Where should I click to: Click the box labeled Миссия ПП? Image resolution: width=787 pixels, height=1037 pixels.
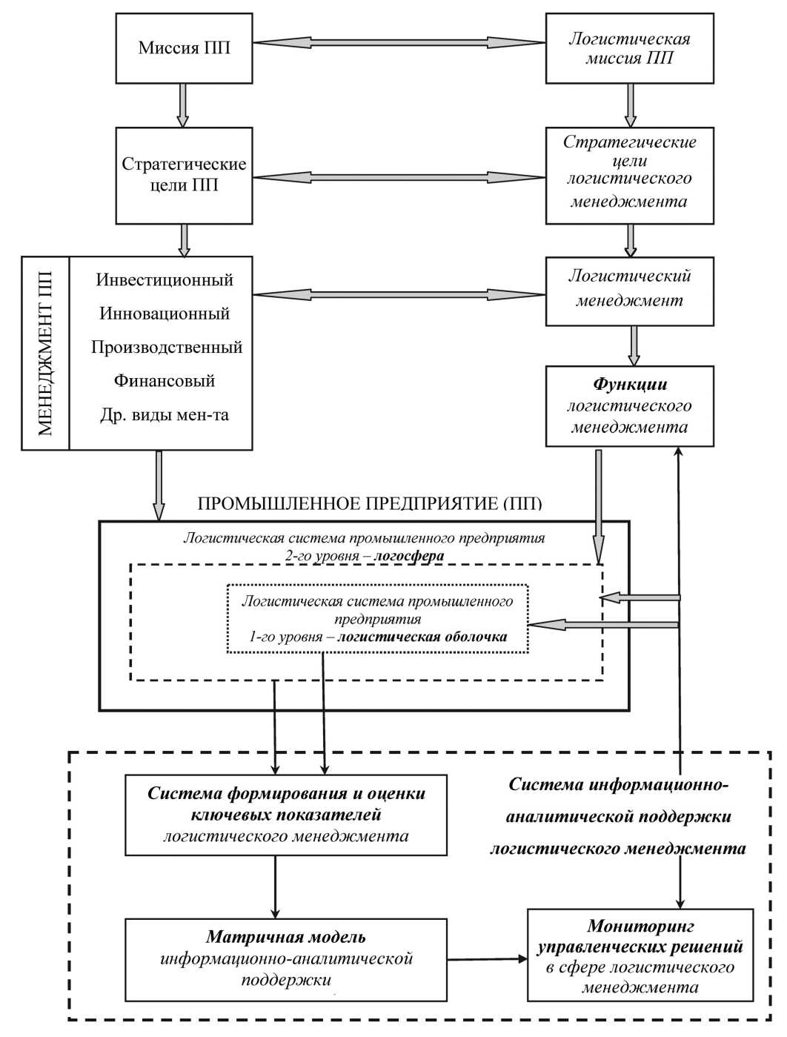point(184,48)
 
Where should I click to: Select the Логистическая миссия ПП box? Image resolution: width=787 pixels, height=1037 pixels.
point(629,48)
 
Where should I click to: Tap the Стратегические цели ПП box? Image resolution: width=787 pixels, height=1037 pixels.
point(184,175)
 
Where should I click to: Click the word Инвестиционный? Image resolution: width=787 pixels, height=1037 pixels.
point(165,280)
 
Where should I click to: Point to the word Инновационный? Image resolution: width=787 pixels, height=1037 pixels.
point(165,314)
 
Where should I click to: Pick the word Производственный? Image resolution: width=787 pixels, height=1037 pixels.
point(167,347)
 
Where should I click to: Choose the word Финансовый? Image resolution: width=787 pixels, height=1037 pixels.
point(165,381)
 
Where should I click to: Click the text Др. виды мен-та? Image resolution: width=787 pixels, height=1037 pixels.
point(165,415)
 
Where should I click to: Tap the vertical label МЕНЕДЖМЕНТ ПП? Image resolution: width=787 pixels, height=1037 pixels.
point(45,354)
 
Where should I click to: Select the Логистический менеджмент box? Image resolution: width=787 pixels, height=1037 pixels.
point(629,291)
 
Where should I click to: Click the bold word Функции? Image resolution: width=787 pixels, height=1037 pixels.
point(629,385)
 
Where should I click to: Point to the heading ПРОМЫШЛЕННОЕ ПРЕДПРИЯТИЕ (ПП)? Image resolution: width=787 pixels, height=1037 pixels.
point(370,505)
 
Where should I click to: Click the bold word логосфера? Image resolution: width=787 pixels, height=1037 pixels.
point(409,556)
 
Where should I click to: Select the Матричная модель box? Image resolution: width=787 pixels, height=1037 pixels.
point(286,959)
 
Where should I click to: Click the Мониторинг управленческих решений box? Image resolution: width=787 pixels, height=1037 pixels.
point(640,955)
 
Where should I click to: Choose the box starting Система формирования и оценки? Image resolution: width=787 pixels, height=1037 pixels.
point(286,815)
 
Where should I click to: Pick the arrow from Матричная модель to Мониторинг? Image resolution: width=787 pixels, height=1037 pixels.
point(487,959)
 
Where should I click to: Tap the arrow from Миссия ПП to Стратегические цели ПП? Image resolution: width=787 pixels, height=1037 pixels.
point(183,105)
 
